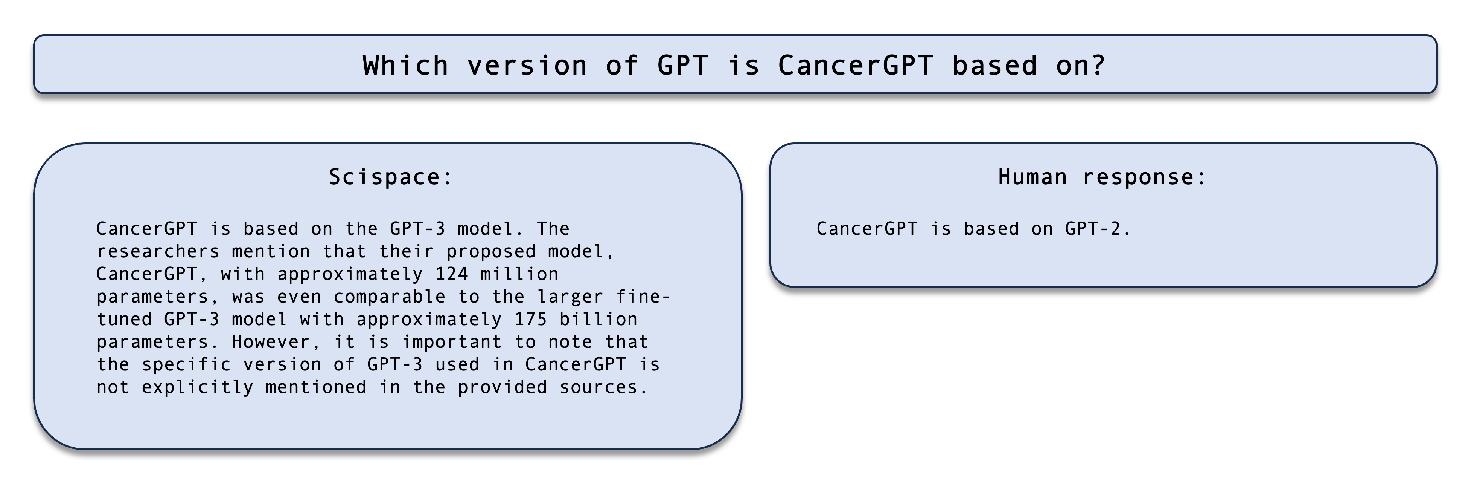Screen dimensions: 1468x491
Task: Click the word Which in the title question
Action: pyautogui.click(x=405, y=65)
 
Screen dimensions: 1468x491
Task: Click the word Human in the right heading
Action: pyautogui.click(x=1032, y=177)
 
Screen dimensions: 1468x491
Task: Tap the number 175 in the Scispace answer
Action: pyautogui.click(x=531, y=319)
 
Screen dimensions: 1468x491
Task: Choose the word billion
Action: pyautogui.click(x=598, y=319)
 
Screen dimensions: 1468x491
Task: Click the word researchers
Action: pyautogui.click(x=158, y=251)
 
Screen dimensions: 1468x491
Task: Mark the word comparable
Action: pyautogui.click(x=389, y=297)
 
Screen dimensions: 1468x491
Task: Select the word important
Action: pyautogui.click(x=451, y=342)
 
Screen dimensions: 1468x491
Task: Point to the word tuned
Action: pyautogui.click(x=124, y=319)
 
